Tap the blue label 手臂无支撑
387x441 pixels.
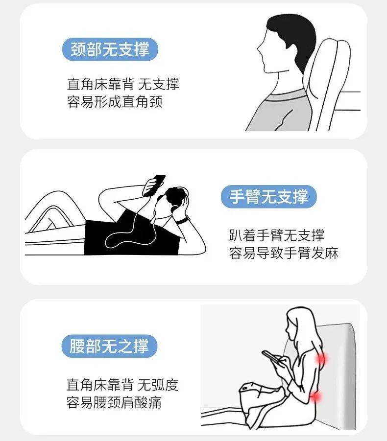pos(269,197)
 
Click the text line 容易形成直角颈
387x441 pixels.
pos(115,102)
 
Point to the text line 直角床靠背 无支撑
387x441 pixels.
pos(123,84)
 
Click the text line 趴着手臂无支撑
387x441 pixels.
pos(276,235)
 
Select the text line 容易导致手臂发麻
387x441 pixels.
pos(284,254)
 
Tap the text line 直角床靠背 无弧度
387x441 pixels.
pos(122,385)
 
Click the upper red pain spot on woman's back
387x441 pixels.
pos(321,360)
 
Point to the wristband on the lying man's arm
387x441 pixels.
pos(182,221)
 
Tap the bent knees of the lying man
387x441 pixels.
pos(54,206)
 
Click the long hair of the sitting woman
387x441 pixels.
pos(306,333)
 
